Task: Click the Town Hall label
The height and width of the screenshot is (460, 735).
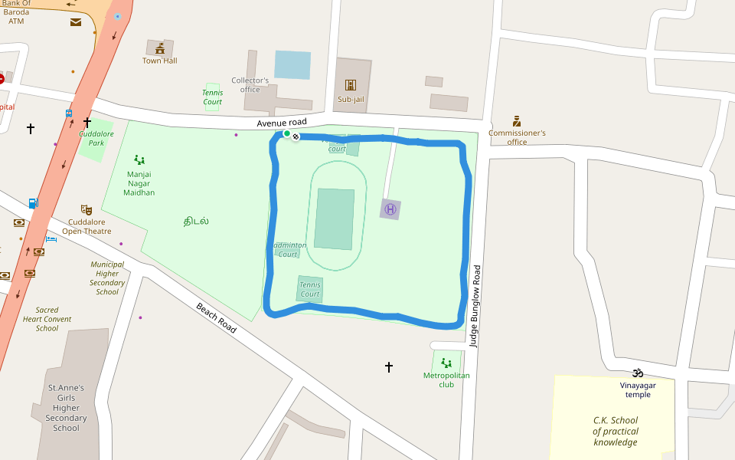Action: pyautogui.click(x=159, y=61)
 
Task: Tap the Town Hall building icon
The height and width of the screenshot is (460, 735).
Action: pyautogui.click(x=160, y=48)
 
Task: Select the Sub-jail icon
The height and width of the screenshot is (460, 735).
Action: pyautogui.click(x=351, y=85)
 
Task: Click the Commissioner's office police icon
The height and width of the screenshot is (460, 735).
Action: pyautogui.click(x=517, y=121)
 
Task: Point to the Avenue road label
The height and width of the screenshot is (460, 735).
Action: pyautogui.click(x=282, y=123)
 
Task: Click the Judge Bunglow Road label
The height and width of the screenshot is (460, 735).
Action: pyautogui.click(x=475, y=307)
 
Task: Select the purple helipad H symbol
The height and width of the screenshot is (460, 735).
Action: pyautogui.click(x=390, y=209)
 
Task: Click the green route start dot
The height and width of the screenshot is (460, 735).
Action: pyautogui.click(x=287, y=134)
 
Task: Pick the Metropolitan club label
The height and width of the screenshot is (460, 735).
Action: pyautogui.click(x=446, y=379)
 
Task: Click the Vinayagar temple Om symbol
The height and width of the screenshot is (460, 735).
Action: pyautogui.click(x=637, y=373)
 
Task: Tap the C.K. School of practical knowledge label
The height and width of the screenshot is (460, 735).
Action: pyautogui.click(x=615, y=431)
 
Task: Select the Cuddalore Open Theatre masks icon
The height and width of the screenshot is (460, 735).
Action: pyautogui.click(x=87, y=209)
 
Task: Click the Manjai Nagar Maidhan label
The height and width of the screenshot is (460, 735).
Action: pyautogui.click(x=139, y=183)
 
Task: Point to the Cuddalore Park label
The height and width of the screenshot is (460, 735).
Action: pyautogui.click(x=96, y=138)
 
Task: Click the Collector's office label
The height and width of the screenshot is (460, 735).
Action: pyautogui.click(x=250, y=84)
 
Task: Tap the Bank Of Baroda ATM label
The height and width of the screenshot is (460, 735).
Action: pyautogui.click(x=16, y=12)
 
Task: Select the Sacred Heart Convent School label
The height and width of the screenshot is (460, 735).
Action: pyautogui.click(x=47, y=319)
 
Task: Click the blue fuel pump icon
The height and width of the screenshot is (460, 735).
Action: pyautogui.click(x=33, y=203)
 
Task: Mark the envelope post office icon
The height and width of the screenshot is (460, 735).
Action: pyautogui.click(x=76, y=22)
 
